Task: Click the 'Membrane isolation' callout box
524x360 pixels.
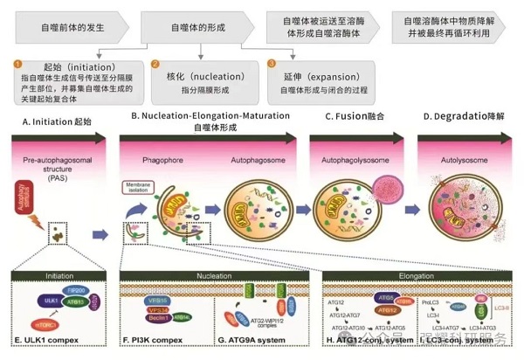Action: click(141, 186)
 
